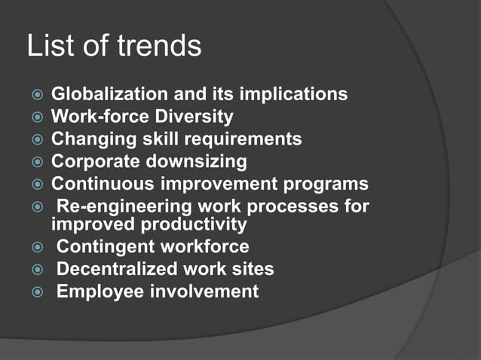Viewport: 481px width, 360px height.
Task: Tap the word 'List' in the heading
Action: (x=51, y=47)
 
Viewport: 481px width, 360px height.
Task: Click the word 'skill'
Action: (x=147, y=139)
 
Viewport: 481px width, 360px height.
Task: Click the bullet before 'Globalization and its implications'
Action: (x=35, y=96)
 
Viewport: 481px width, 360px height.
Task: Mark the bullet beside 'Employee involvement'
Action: (x=35, y=292)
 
